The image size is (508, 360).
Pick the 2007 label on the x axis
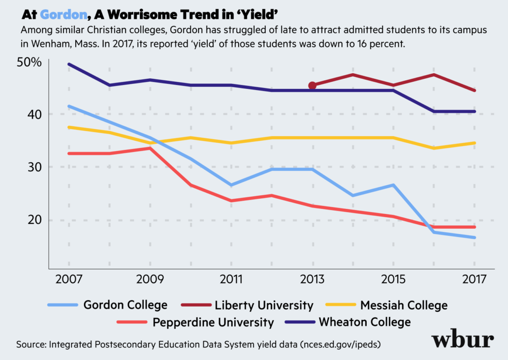click(x=69, y=280)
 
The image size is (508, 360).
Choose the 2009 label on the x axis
click(x=150, y=280)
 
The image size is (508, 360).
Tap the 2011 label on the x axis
click(x=231, y=280)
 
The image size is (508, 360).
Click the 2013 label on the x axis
click(x=312, y=280)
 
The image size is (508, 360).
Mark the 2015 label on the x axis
click(x=394, y=280)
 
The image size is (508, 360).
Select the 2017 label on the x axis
click(x=474, y=280)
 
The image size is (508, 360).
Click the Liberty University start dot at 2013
click(x=312, y=85)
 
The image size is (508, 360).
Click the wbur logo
click(x=462, y=341)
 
